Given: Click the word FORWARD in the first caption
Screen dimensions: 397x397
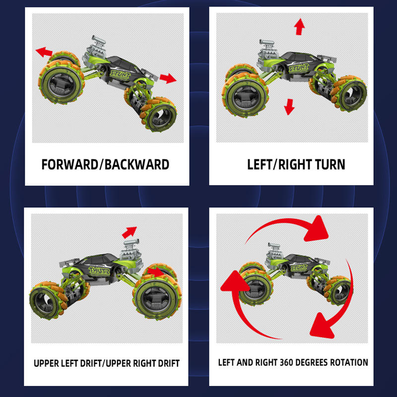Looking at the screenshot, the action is [69, 164].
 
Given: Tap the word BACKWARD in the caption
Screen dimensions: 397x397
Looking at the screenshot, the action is [137, 164].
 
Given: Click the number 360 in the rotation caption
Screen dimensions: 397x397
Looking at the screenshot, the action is [286, 362].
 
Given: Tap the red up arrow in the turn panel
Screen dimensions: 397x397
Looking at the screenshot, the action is [300, 27].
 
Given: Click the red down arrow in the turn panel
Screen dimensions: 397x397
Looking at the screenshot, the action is [289, 107].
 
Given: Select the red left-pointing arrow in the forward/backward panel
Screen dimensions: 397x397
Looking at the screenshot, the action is [44, 52].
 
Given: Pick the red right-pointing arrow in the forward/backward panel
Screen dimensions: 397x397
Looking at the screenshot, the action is [168, 78].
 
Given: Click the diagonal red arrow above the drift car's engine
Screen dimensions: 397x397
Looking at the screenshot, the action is [129, 232].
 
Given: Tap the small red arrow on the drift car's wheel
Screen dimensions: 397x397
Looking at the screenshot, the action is [156, 272].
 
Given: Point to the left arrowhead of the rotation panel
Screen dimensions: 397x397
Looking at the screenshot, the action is [235, 281].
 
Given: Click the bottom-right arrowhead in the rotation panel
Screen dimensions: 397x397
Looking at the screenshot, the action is [322, 326].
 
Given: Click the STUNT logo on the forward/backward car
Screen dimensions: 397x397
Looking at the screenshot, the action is [121, 75].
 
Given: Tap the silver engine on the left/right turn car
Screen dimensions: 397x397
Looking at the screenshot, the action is [268, 52].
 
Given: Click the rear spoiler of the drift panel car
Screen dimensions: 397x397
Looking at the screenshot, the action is [68, 263].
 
